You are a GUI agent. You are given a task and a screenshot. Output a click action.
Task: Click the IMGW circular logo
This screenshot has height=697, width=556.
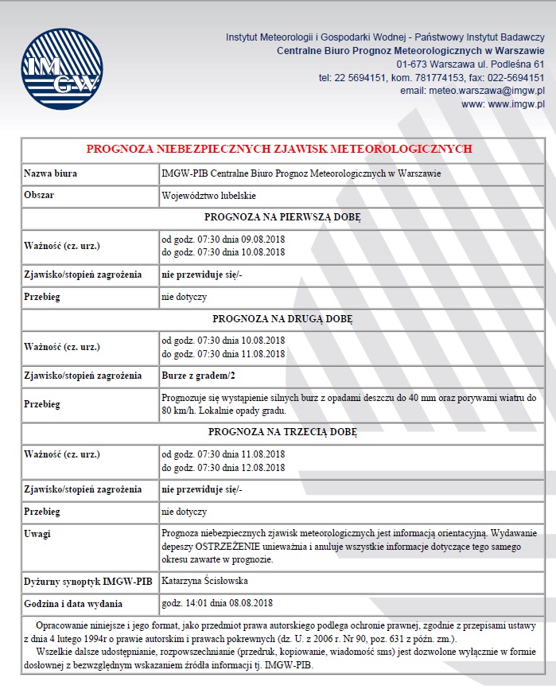62,71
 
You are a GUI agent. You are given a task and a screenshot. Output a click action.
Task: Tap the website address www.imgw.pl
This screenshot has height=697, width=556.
515,103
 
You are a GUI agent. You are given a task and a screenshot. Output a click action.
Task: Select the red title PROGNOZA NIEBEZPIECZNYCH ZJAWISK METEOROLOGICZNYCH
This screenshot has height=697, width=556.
279,149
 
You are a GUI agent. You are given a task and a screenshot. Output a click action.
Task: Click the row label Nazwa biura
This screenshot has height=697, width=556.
50,173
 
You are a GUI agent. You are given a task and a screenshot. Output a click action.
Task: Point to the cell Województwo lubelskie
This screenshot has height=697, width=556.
209,195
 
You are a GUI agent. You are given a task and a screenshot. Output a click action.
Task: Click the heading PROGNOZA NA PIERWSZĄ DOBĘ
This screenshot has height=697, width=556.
282,216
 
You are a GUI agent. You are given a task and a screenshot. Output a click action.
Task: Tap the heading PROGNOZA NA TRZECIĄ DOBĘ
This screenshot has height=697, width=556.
282,432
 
